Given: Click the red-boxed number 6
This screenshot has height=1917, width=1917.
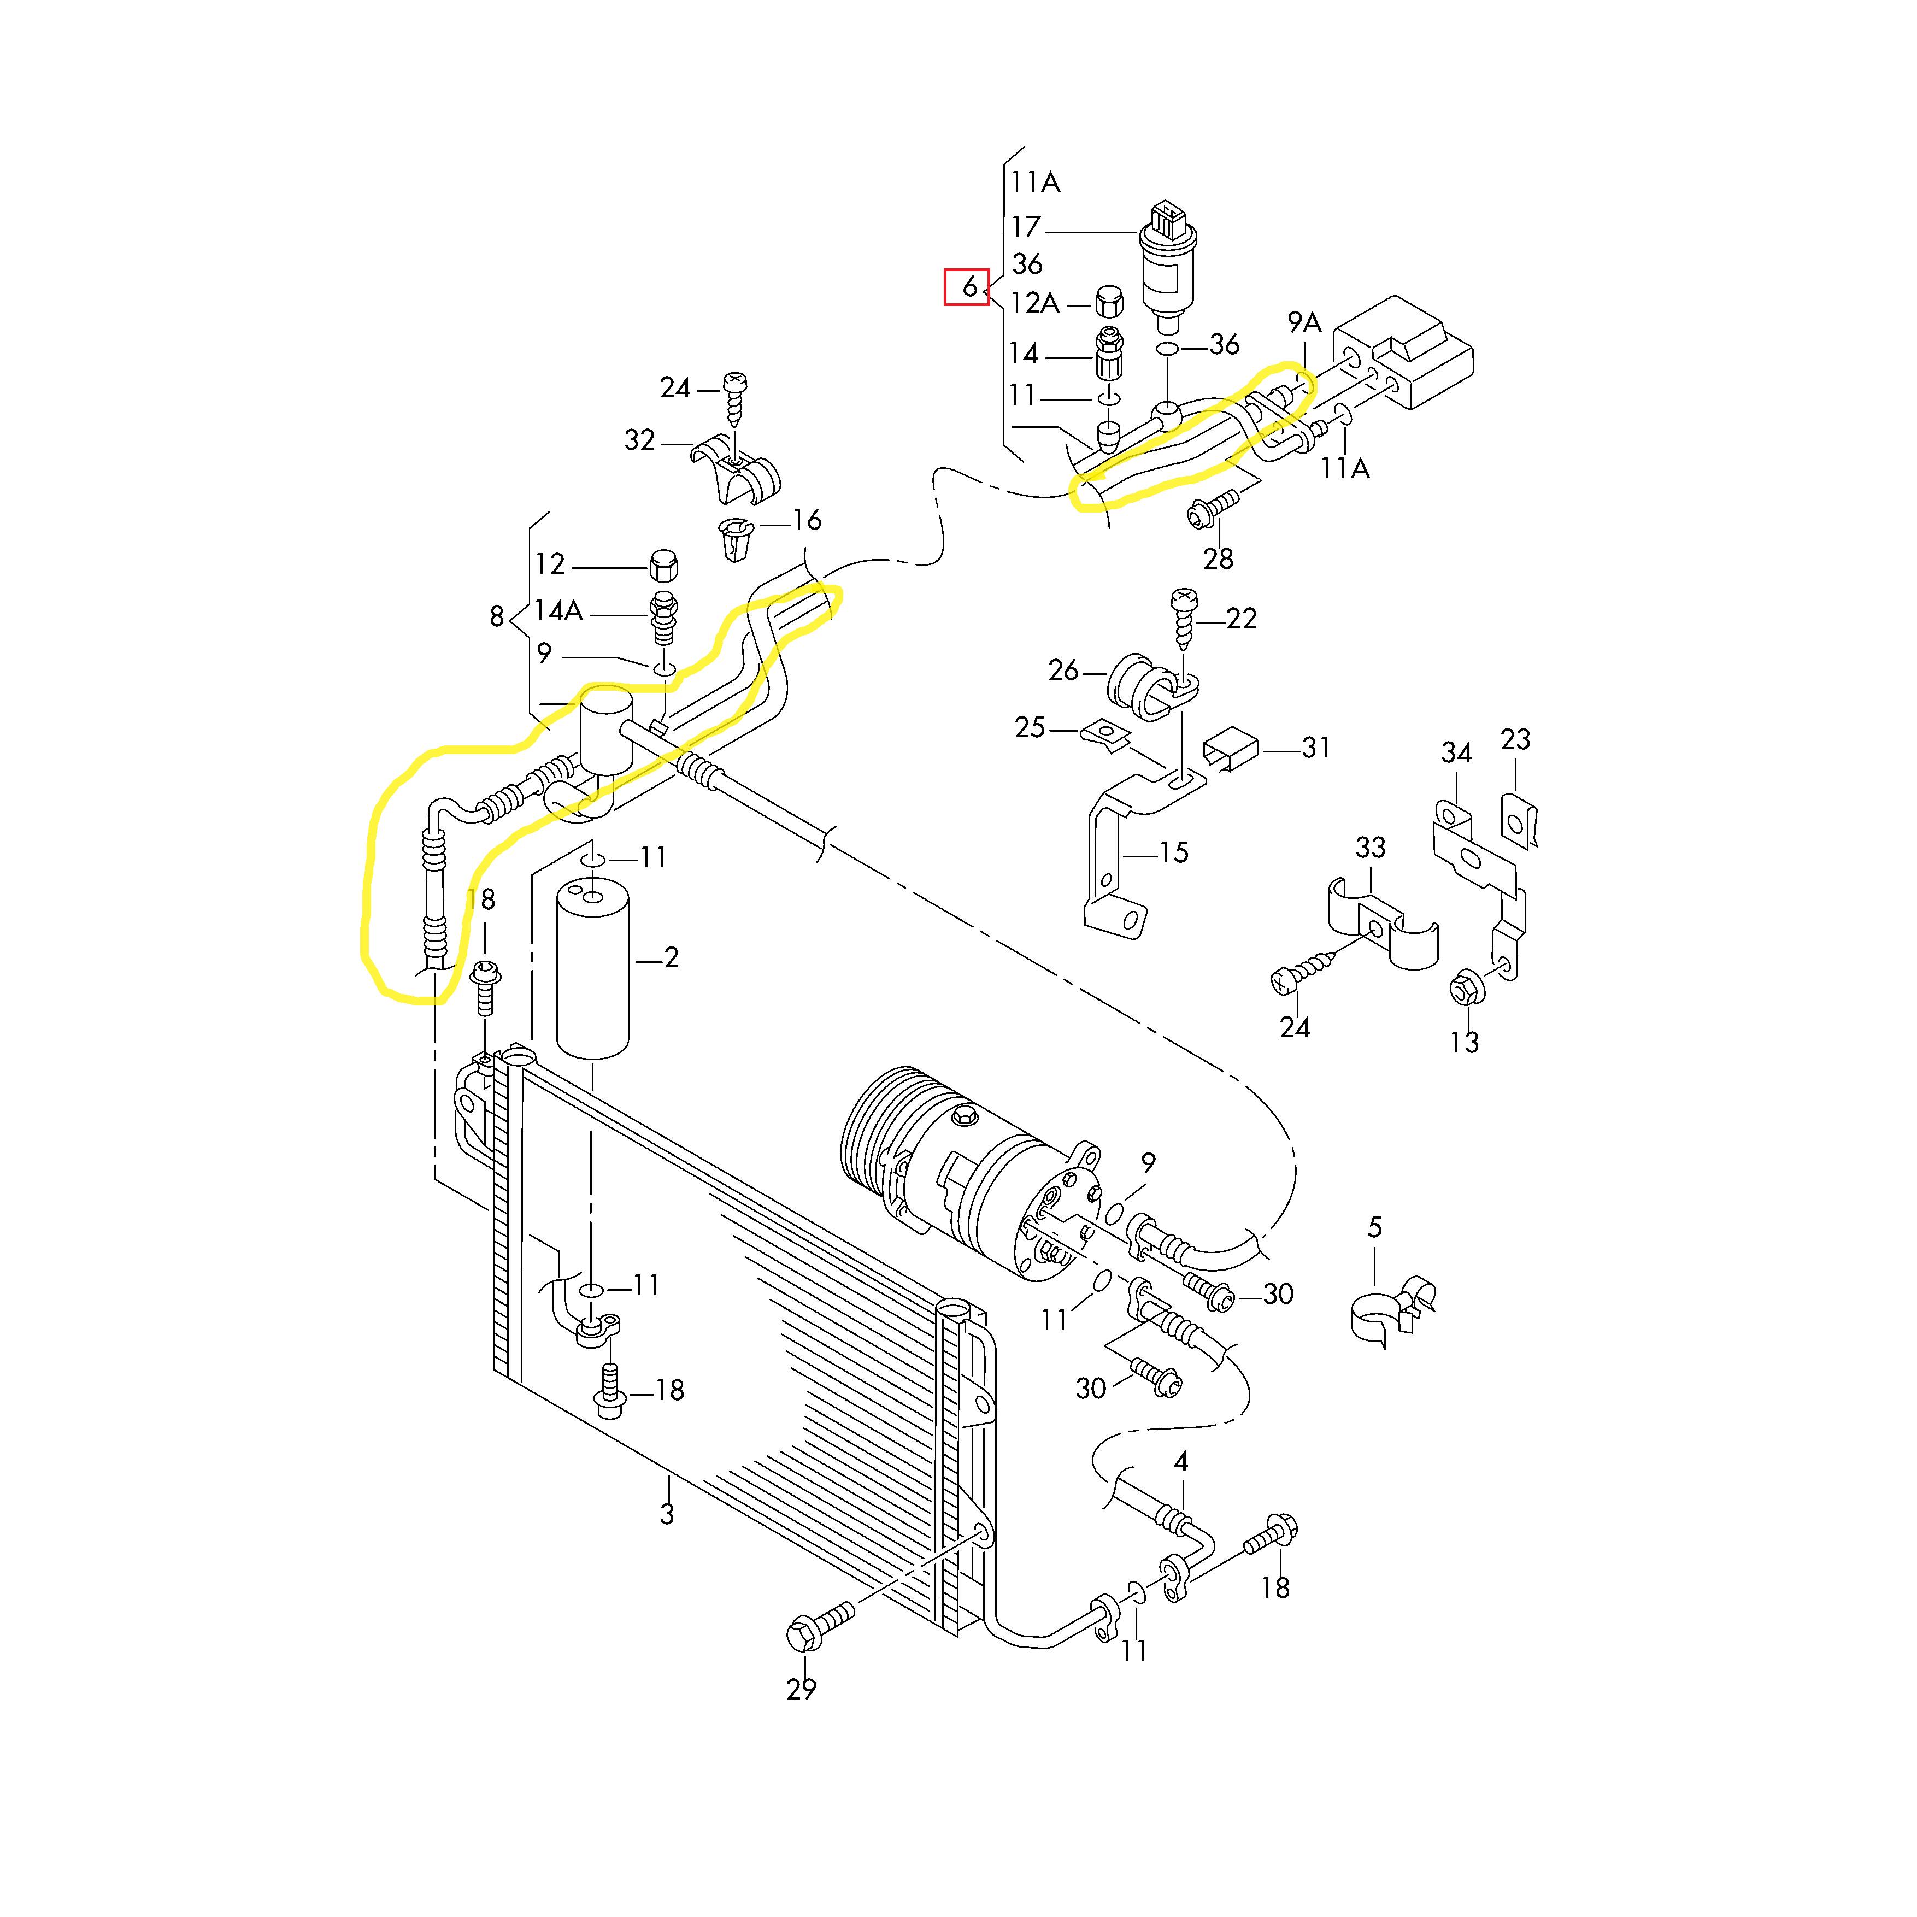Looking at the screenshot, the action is tap(968, 288).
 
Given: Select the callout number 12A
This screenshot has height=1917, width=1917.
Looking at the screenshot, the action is tap(1035, 303).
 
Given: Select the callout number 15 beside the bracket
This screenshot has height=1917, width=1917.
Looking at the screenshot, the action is tap(1173, 852).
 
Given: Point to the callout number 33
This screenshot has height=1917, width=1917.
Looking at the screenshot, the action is tap(1371, 848).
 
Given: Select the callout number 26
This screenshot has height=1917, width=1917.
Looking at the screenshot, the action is tap(1063, 671).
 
